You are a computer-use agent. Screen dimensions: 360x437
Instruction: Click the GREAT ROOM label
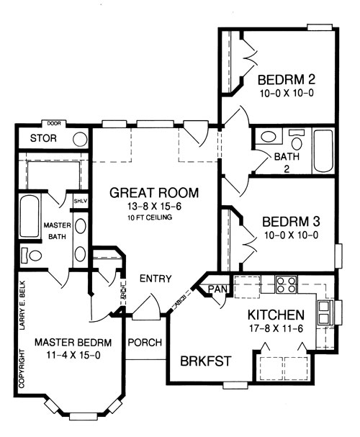pos(154,193)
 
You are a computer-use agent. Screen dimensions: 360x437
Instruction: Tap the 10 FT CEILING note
pos(150,217)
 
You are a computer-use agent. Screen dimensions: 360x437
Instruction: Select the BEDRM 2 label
pos(287,80)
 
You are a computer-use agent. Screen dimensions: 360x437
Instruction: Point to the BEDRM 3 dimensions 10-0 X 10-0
pos(291,235)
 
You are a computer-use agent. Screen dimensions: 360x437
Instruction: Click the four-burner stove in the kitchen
pos(286,284)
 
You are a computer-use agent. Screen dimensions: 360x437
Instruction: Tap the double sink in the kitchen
pos(325,312)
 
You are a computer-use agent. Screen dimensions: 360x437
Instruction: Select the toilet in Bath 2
pos(297,140)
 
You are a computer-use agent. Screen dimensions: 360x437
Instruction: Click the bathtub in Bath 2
pos(323,151)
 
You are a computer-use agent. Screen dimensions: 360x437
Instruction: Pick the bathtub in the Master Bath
pos(30,216)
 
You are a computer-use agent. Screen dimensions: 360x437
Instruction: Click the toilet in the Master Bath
pos(32,255)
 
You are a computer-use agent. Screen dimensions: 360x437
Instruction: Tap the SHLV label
pos(81,201)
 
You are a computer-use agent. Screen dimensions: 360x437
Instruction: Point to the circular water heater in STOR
pos(80,140)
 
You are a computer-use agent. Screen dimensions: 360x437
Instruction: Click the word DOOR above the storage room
pos(54,123)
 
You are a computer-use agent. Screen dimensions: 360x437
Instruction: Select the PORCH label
pos(145,342)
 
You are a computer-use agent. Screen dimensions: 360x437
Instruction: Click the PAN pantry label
pos(217,289)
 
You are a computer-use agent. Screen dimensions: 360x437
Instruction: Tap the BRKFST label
pos(206,361)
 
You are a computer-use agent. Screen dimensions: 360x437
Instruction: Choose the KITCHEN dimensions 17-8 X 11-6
pos(276,328)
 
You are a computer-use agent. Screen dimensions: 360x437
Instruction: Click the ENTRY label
pos(156,279)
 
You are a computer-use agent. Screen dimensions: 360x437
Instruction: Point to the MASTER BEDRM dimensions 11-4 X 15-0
pos(73,356)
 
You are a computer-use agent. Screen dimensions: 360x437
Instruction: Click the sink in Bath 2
pos(269,137)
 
